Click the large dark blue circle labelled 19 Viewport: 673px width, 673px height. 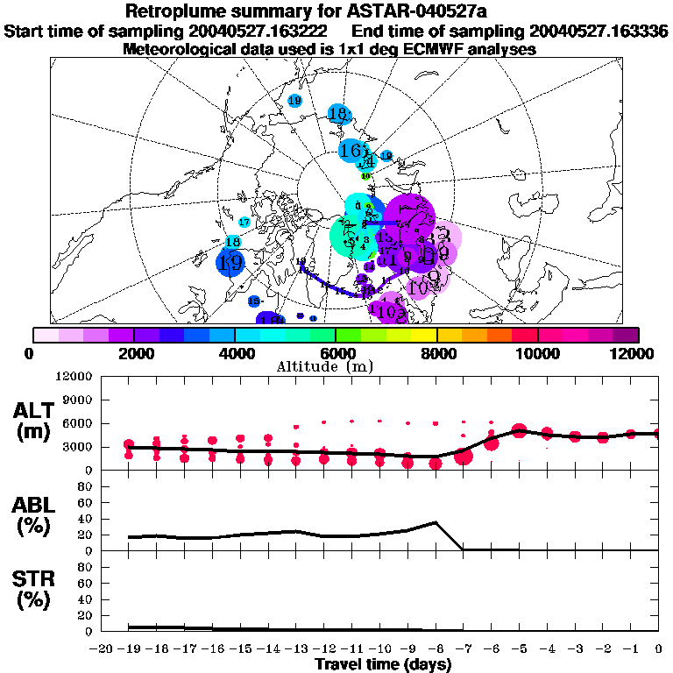tap(230, 262)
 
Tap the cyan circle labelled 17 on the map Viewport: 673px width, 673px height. tap(244, 223)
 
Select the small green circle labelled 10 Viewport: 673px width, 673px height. tap(366, 176)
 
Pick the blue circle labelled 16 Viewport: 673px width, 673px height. tap(351, 151)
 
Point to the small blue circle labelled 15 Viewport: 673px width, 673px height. tap(254, 301)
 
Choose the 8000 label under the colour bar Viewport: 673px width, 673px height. tap(437, 353)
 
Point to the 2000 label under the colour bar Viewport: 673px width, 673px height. tap(133, 353)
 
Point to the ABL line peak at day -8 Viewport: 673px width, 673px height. tap(436, 523)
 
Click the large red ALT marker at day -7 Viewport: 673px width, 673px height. tap(464, 456)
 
